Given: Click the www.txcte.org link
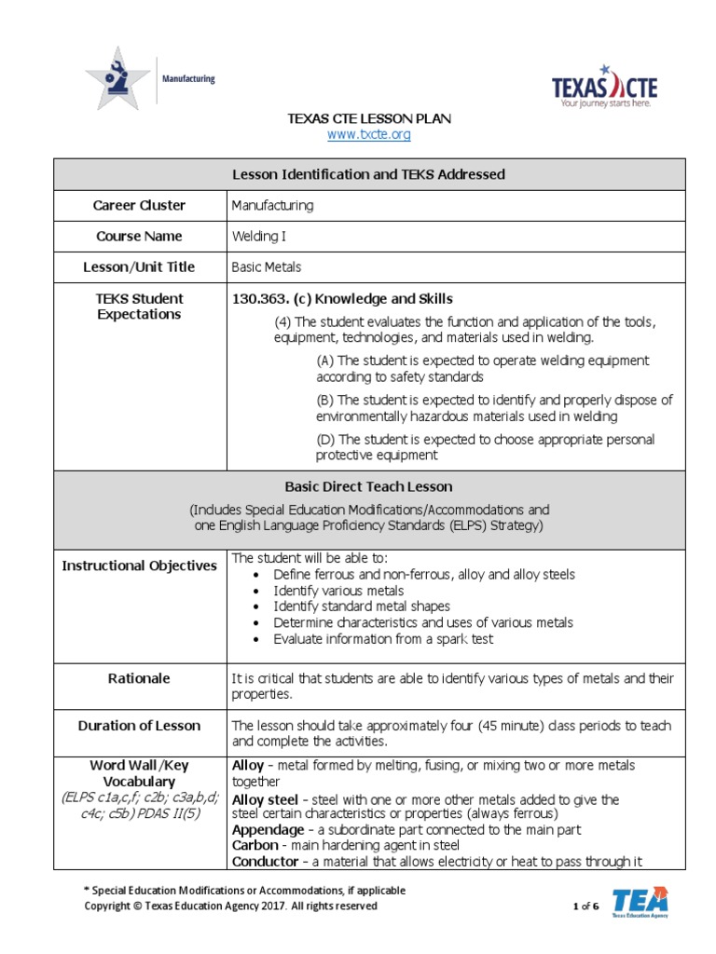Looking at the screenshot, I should coord(368,135).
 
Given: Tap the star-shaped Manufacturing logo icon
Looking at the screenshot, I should coord(117,80).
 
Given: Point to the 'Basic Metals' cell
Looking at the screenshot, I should coord(266,267).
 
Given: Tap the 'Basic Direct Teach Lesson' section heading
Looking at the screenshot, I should coord(368,487).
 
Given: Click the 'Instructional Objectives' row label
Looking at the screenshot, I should coord(139,566).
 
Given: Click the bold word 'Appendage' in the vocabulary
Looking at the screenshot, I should coord(268,830).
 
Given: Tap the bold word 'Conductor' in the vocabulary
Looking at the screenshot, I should coord(267,862).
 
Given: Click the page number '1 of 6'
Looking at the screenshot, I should coord(585,906).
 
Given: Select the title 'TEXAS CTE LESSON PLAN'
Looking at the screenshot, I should coord(368,119).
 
